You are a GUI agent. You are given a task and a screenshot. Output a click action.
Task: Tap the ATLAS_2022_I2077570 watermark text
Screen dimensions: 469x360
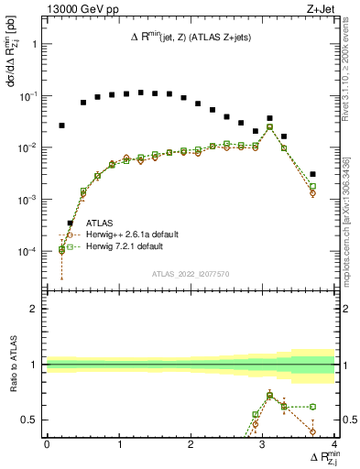[x=190, y=273]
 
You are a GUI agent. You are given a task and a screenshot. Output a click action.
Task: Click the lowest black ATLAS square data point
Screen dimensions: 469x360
[x=69, y=223]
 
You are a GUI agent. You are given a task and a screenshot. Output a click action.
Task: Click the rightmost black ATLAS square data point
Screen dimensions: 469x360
[x=312, y=174]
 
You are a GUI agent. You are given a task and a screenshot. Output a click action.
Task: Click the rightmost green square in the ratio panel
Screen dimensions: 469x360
[x=312, y=406]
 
